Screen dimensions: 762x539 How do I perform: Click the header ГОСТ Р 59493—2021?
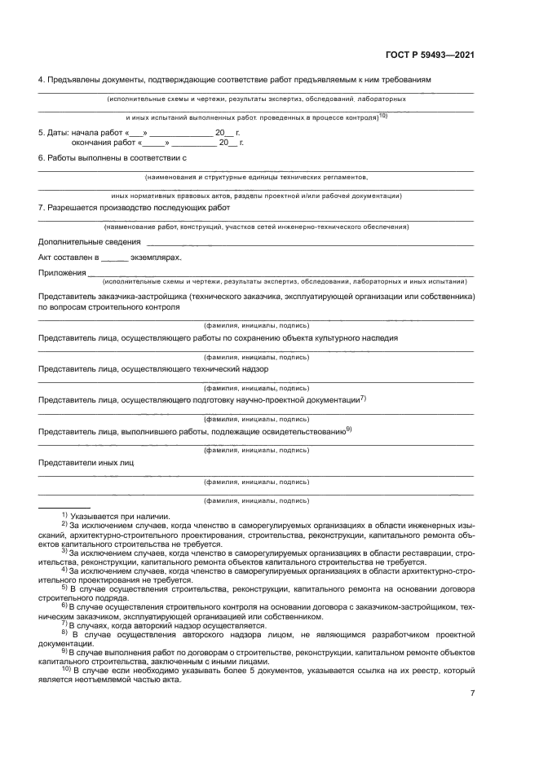coord(430,55)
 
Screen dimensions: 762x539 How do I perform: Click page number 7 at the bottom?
coord(472,693)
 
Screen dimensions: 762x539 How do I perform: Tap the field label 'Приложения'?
coord(62,272)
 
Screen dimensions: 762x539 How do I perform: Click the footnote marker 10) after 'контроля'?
coord(382,116)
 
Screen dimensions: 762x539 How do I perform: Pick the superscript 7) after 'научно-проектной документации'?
coord(364,398)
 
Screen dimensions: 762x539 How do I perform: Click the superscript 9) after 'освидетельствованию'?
coord(348,429)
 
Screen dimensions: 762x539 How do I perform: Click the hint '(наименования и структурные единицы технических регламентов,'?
coord(256,176)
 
